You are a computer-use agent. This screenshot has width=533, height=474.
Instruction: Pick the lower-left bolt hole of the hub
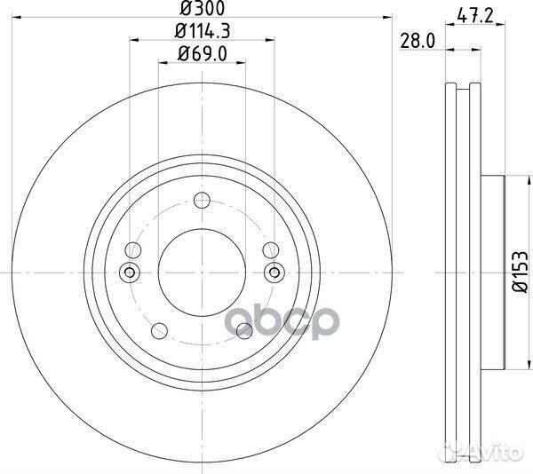[x=160, y=331]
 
